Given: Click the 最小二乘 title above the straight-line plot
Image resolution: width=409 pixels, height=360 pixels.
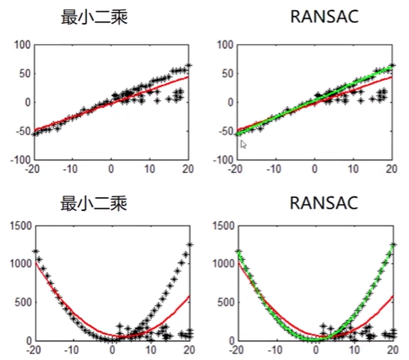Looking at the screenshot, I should click(x=95, y=16).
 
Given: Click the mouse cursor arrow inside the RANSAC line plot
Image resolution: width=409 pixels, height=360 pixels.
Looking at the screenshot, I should click(x=243, y=143).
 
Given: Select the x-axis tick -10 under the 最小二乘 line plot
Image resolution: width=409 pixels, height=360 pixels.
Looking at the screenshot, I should click(x=70, y=168).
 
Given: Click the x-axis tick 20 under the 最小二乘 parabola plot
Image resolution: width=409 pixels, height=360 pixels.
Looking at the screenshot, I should click(x=188, y=349).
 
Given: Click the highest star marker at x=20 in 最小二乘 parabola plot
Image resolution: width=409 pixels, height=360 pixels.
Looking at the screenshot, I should click(x=190, y=245).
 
